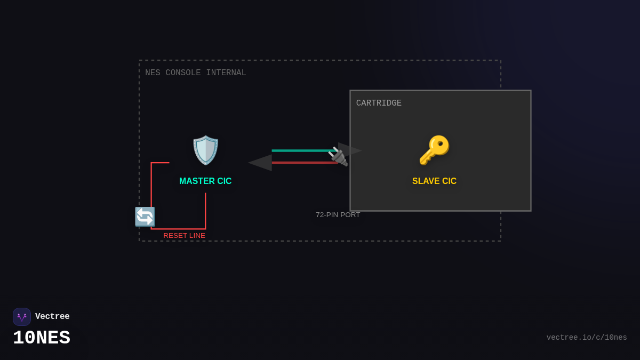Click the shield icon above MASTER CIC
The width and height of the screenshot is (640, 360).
point(205,150)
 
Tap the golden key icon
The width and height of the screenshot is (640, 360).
point(434,150)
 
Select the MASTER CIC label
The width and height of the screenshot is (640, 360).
point(205,181)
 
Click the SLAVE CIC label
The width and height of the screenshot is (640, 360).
point(434,181)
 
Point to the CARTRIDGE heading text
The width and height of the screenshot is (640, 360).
point(379,103)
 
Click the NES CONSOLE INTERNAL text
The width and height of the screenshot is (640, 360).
point(196,73)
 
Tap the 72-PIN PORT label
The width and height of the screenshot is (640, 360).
point(338,215)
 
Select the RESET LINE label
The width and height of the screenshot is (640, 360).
point(184,236)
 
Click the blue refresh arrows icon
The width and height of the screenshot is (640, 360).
point(145,217)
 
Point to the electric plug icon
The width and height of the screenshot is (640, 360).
point(338,156)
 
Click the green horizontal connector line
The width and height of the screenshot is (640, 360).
point(301,151)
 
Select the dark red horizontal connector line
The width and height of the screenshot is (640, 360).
point(301,163)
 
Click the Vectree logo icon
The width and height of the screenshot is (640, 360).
point(22,317)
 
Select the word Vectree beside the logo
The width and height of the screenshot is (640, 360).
point(52,317)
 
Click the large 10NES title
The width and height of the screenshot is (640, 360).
point(42,338)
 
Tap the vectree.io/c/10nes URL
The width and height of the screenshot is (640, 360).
point(587,338)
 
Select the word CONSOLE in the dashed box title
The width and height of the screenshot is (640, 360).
point(183,73)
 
